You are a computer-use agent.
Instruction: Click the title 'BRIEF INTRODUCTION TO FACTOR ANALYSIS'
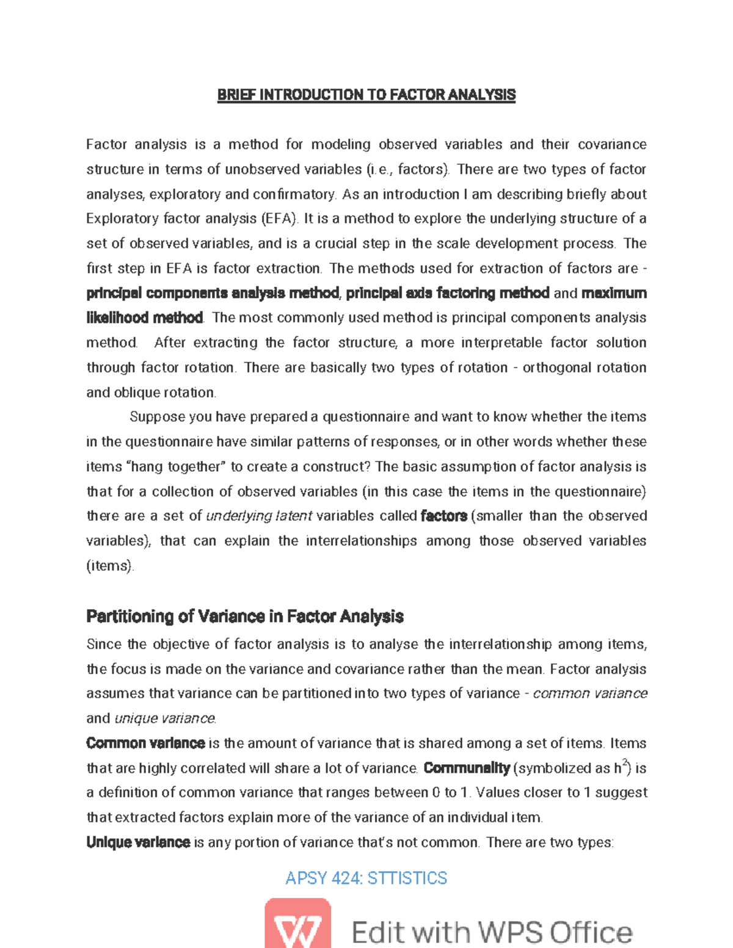(366, 95)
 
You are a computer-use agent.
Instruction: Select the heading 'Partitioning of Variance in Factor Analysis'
(244, 617)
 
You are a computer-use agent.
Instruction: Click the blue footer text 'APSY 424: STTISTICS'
(366, 878)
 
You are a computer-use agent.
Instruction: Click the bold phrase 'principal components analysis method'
(212, 294)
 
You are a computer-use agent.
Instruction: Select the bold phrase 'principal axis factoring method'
(447, 294)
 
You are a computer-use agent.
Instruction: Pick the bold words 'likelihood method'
(144, 318)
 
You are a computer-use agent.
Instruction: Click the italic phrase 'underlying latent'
(259, 516)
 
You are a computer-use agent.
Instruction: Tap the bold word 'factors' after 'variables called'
(443, 516)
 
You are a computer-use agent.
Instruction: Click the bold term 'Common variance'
(145, 744)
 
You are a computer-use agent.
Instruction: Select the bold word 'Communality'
(466, 769)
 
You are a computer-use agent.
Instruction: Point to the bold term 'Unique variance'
(138, 843)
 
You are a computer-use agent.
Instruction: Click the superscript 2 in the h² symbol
(624, 763)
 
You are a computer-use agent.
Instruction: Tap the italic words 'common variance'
(589, 694)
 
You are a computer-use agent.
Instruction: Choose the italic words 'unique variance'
(164, 719)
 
